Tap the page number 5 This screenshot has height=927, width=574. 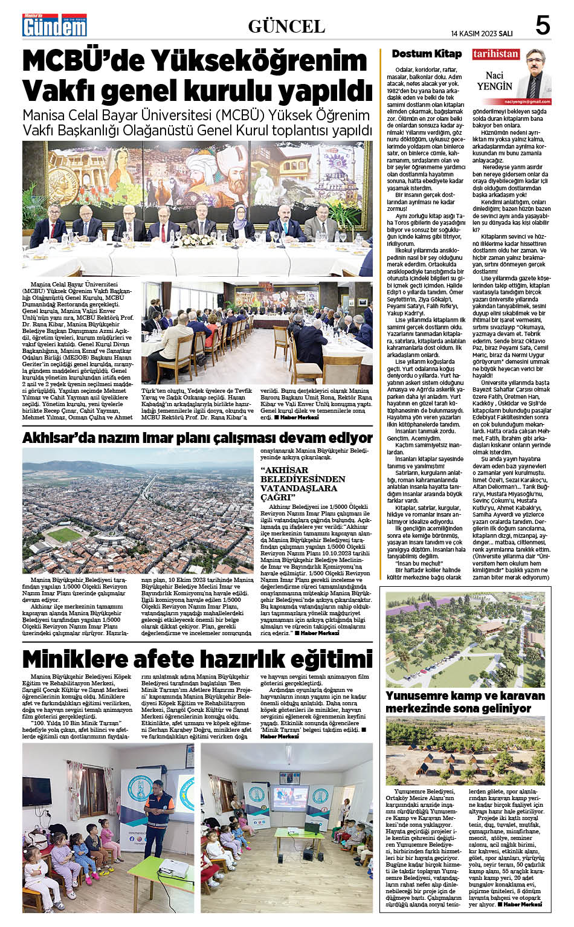[x=543, y=26]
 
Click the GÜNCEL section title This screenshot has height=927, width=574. [x=286, y=27]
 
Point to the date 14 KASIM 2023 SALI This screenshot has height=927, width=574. [x=482, y=33]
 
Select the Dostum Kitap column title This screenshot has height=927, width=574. [x=427, y=54]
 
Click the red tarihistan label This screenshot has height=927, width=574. [x=495, y=54]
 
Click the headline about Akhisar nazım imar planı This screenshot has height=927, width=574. [x=197, y=438]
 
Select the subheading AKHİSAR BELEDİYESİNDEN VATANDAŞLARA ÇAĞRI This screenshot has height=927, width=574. [x=303, y=483]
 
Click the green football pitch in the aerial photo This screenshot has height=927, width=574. [x=63, y=534]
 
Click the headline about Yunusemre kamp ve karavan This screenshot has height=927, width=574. [x=465, y=702]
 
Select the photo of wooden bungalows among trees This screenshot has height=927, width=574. [x=465, y=751]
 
